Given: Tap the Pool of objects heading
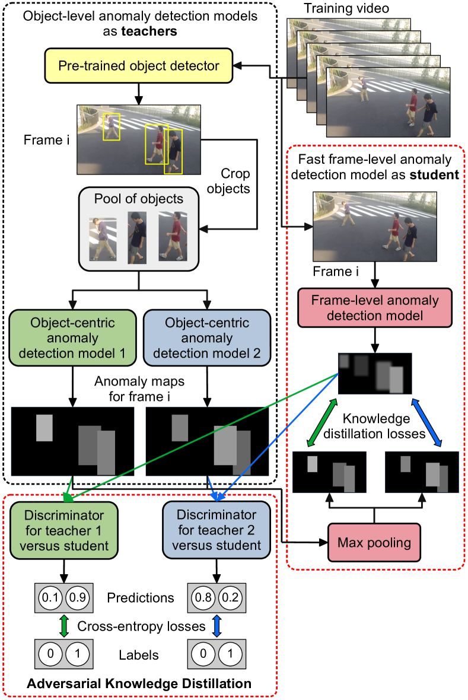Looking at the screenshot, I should tap(138, 198).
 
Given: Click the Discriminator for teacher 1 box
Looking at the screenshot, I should tap(65, 530).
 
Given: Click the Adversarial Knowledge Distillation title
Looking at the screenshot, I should tap(139, 684).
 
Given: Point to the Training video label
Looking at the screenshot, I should tap(338, 9).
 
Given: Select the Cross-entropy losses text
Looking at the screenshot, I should tap(141, 626).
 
